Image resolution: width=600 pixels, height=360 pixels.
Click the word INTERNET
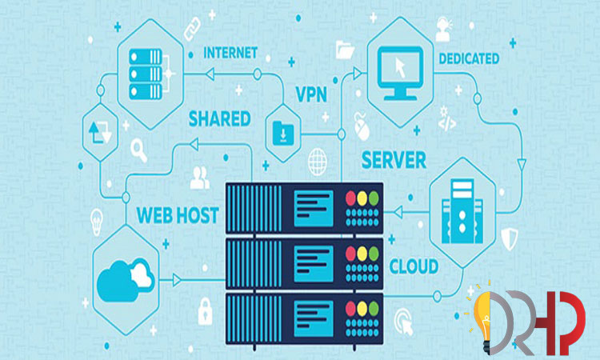tap(230, 54)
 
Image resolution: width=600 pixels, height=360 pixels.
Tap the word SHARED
tap(219, 119)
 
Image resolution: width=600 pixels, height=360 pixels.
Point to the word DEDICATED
tap(469, 58)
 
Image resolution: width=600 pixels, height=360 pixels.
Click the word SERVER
tap(394, 159)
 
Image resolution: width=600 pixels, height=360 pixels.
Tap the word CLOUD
tap(414, 266)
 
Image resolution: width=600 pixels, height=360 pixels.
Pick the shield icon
tap(510, 235)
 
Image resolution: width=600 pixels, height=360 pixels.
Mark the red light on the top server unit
tap(350, 198)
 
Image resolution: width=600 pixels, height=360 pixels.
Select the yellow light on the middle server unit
tap(362, 253)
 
